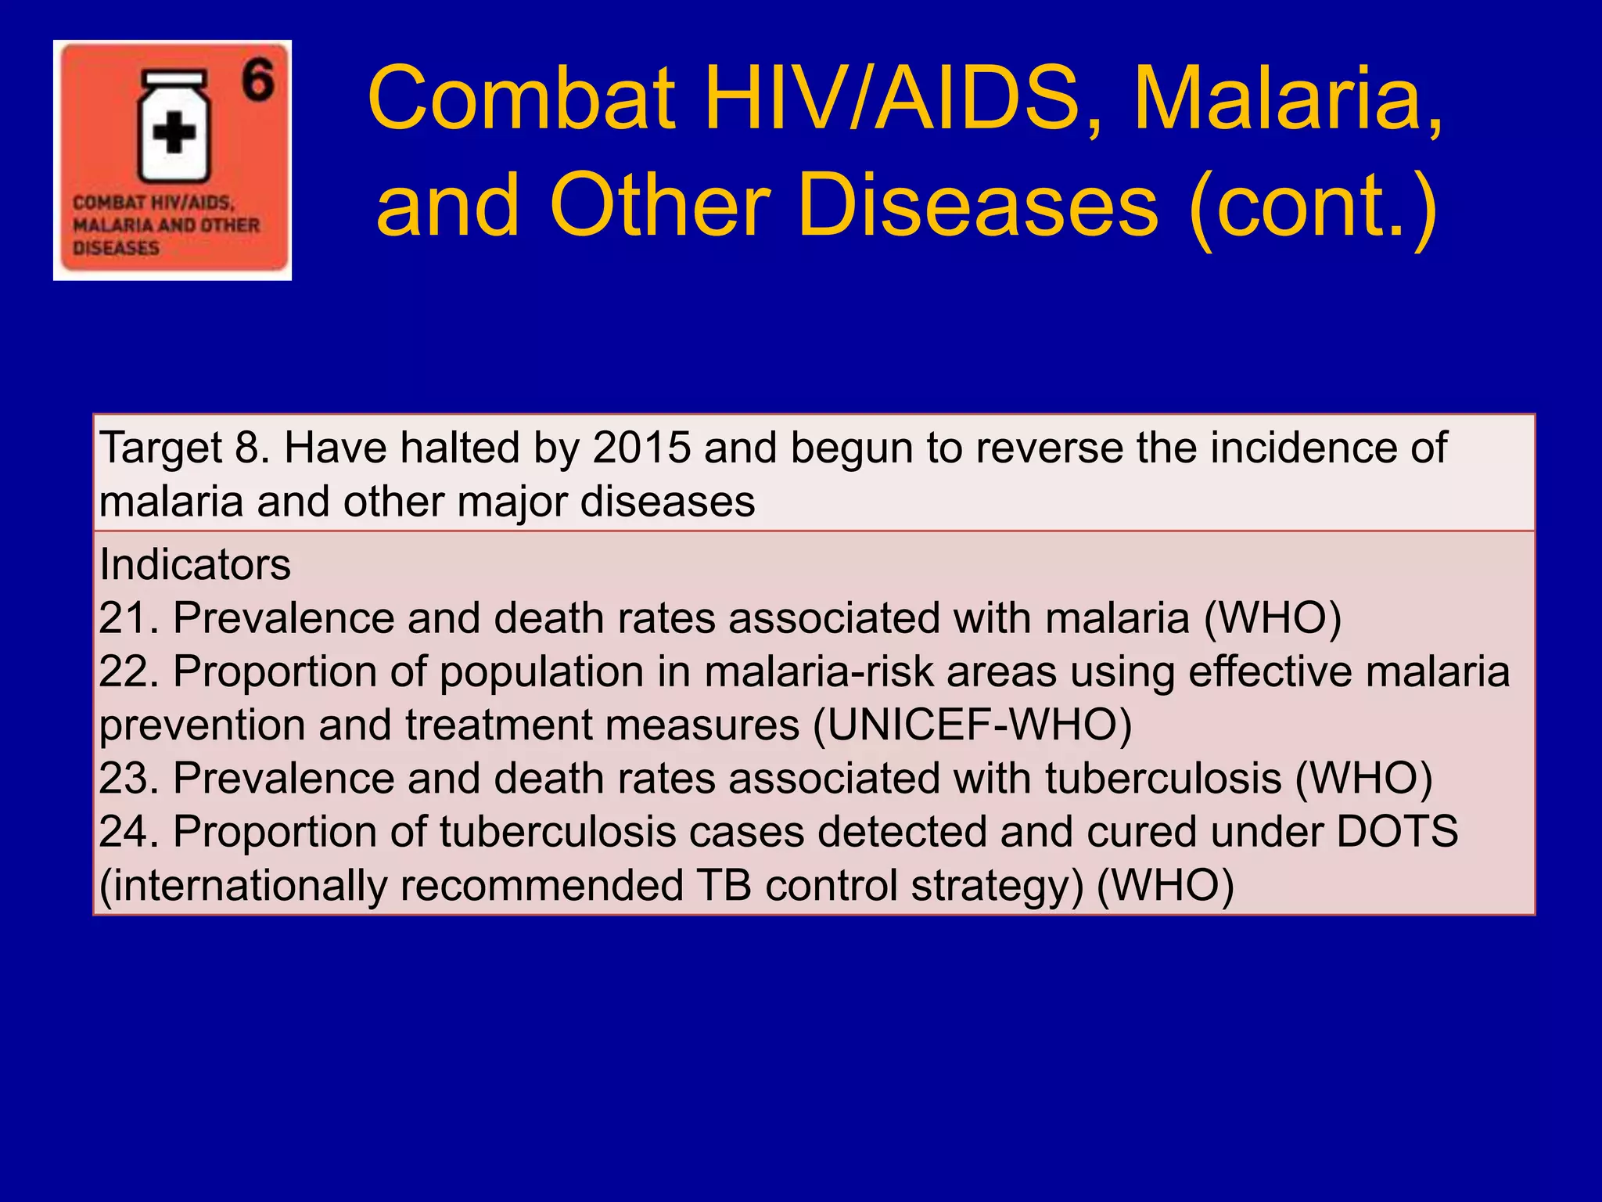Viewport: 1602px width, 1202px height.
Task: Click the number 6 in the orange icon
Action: pos(257,81)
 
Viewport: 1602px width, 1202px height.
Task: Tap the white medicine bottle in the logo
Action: pos(174,129)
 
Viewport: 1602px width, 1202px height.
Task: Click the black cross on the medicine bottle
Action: pos(174,133)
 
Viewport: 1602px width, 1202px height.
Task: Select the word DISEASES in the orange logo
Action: pos(116,248)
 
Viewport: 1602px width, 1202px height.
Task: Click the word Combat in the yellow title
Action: pos(521,99)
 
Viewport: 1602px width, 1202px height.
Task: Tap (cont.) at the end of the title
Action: pos(1313,206)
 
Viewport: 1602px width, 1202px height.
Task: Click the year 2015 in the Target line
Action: pos(641,448)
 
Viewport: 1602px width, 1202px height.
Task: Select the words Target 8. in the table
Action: pos(185,448)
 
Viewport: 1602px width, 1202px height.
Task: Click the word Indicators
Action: pos(195,564)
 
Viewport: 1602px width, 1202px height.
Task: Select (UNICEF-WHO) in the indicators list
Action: pos(972,725)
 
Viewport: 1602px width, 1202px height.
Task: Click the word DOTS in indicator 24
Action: pos(1397,832)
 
